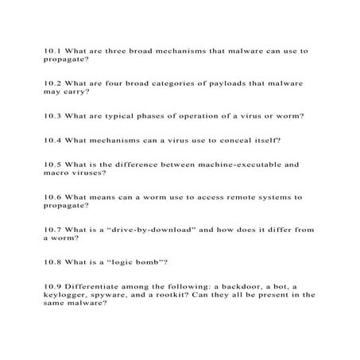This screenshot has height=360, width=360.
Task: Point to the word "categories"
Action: pos(182,83)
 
